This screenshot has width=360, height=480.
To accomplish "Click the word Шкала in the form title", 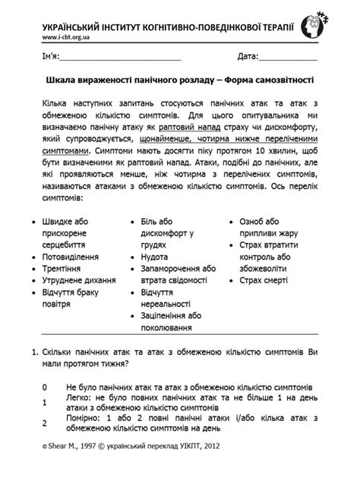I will click(62, 80).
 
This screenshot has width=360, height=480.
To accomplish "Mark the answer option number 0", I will click(45, 387).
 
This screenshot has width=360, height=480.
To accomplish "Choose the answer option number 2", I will click(45, 424).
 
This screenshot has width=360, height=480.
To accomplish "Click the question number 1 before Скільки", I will click(33, 353).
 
